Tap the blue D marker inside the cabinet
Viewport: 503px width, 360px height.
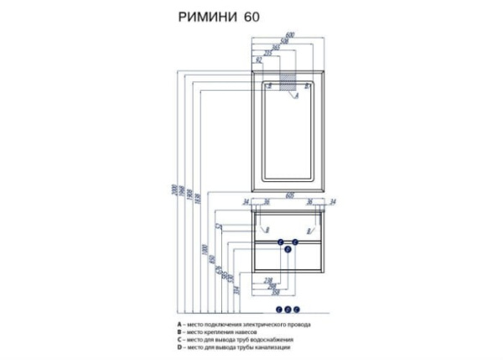pyautogui.click(x=288, y=250)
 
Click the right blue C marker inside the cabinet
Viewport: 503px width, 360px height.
pyautogui.click(x=295, y=242)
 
